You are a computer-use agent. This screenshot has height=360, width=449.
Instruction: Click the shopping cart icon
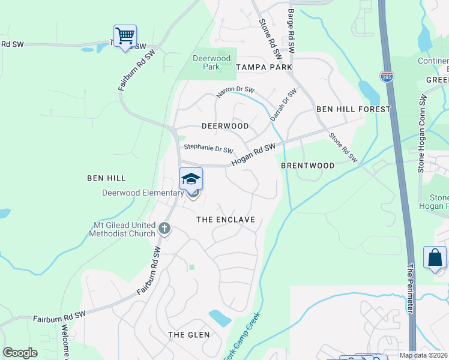[x=125, y=36]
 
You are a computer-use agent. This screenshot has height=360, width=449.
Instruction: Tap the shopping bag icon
[x=435, y=258]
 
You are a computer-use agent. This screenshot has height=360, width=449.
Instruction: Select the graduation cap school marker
[x=191, y=179]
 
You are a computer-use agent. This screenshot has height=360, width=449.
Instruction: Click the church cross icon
[x=164, y=229]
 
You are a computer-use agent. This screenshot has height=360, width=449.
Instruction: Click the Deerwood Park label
[x=206, y=62]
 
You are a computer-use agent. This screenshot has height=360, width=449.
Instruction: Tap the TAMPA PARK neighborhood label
[x=264, y=67]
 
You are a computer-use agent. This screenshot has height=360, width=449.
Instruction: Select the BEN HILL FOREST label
[x=353, y=109]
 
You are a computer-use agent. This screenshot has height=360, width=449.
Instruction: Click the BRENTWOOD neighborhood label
[x=307, y=165]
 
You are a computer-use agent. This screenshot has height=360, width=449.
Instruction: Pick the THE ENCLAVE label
[x=226, y=220]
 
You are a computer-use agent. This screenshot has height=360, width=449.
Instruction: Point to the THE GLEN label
[x=188, y=334]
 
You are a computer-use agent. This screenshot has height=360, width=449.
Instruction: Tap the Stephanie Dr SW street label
[x=208, y=148]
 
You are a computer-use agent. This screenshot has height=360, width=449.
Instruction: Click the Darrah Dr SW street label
[x=283, y=105]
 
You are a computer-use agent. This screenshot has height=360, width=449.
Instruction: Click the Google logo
[x=20, y=353]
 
